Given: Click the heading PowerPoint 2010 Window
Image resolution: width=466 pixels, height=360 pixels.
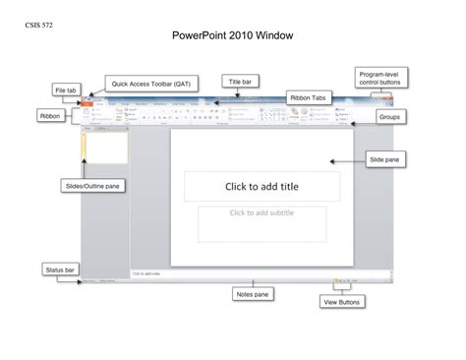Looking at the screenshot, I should pos(232,36).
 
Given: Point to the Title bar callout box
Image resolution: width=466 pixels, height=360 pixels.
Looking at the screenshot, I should pos(242,82).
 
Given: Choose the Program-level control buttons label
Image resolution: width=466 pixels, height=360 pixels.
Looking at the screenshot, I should pos(379,79).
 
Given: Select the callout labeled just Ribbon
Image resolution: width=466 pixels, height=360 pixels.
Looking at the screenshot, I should pos(51,115).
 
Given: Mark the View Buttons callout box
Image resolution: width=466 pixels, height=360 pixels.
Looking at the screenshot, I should pos(340,303).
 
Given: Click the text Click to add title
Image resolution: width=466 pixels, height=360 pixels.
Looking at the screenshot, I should pos(262,186).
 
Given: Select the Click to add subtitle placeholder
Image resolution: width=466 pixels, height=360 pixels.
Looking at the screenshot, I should pos(262,222).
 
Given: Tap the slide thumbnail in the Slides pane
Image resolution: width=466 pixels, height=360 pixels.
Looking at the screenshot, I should pos(107,147).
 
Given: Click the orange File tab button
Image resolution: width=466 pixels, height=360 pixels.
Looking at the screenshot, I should pos(89,102).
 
